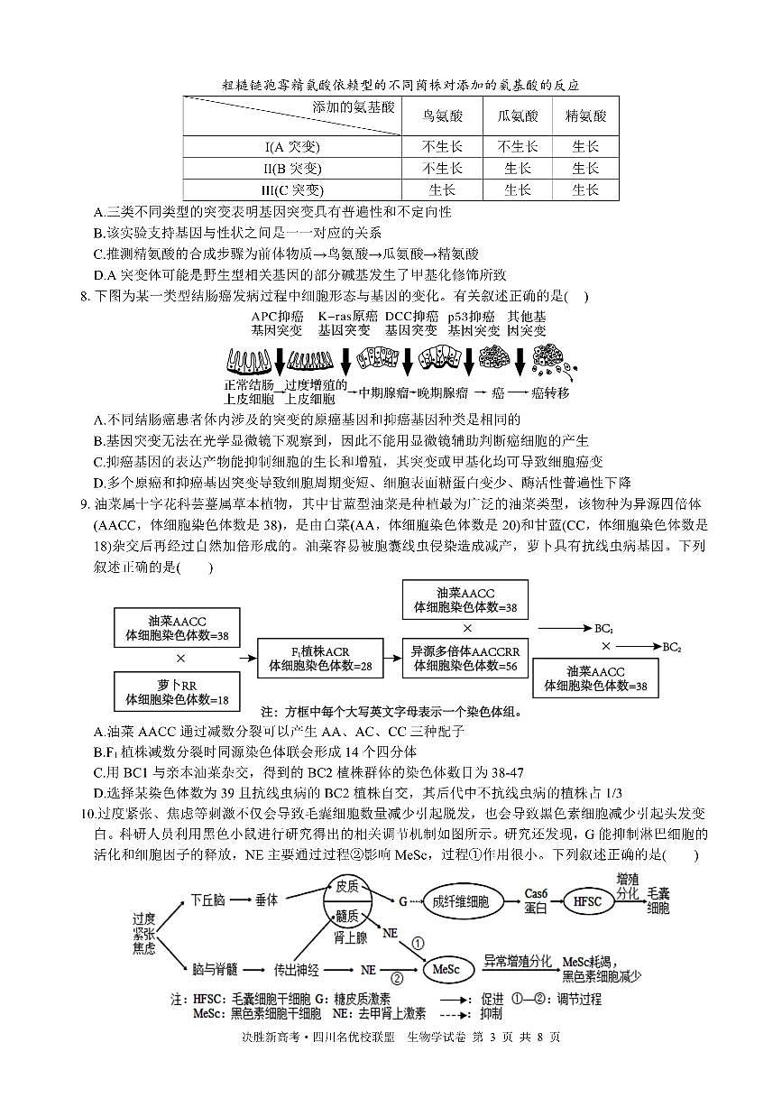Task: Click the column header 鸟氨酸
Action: (x=443, y=115)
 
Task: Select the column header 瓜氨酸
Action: (x=517, y=115)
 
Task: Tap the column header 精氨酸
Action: (x=585, y=115)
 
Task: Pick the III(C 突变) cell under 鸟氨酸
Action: (x=443, y=189)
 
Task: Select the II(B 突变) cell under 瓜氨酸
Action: (x=517, y=169)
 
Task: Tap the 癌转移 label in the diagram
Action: (x=550, y=393)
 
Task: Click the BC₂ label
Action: (x=672, y=647)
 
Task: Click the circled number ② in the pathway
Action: (x=396, y=976)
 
